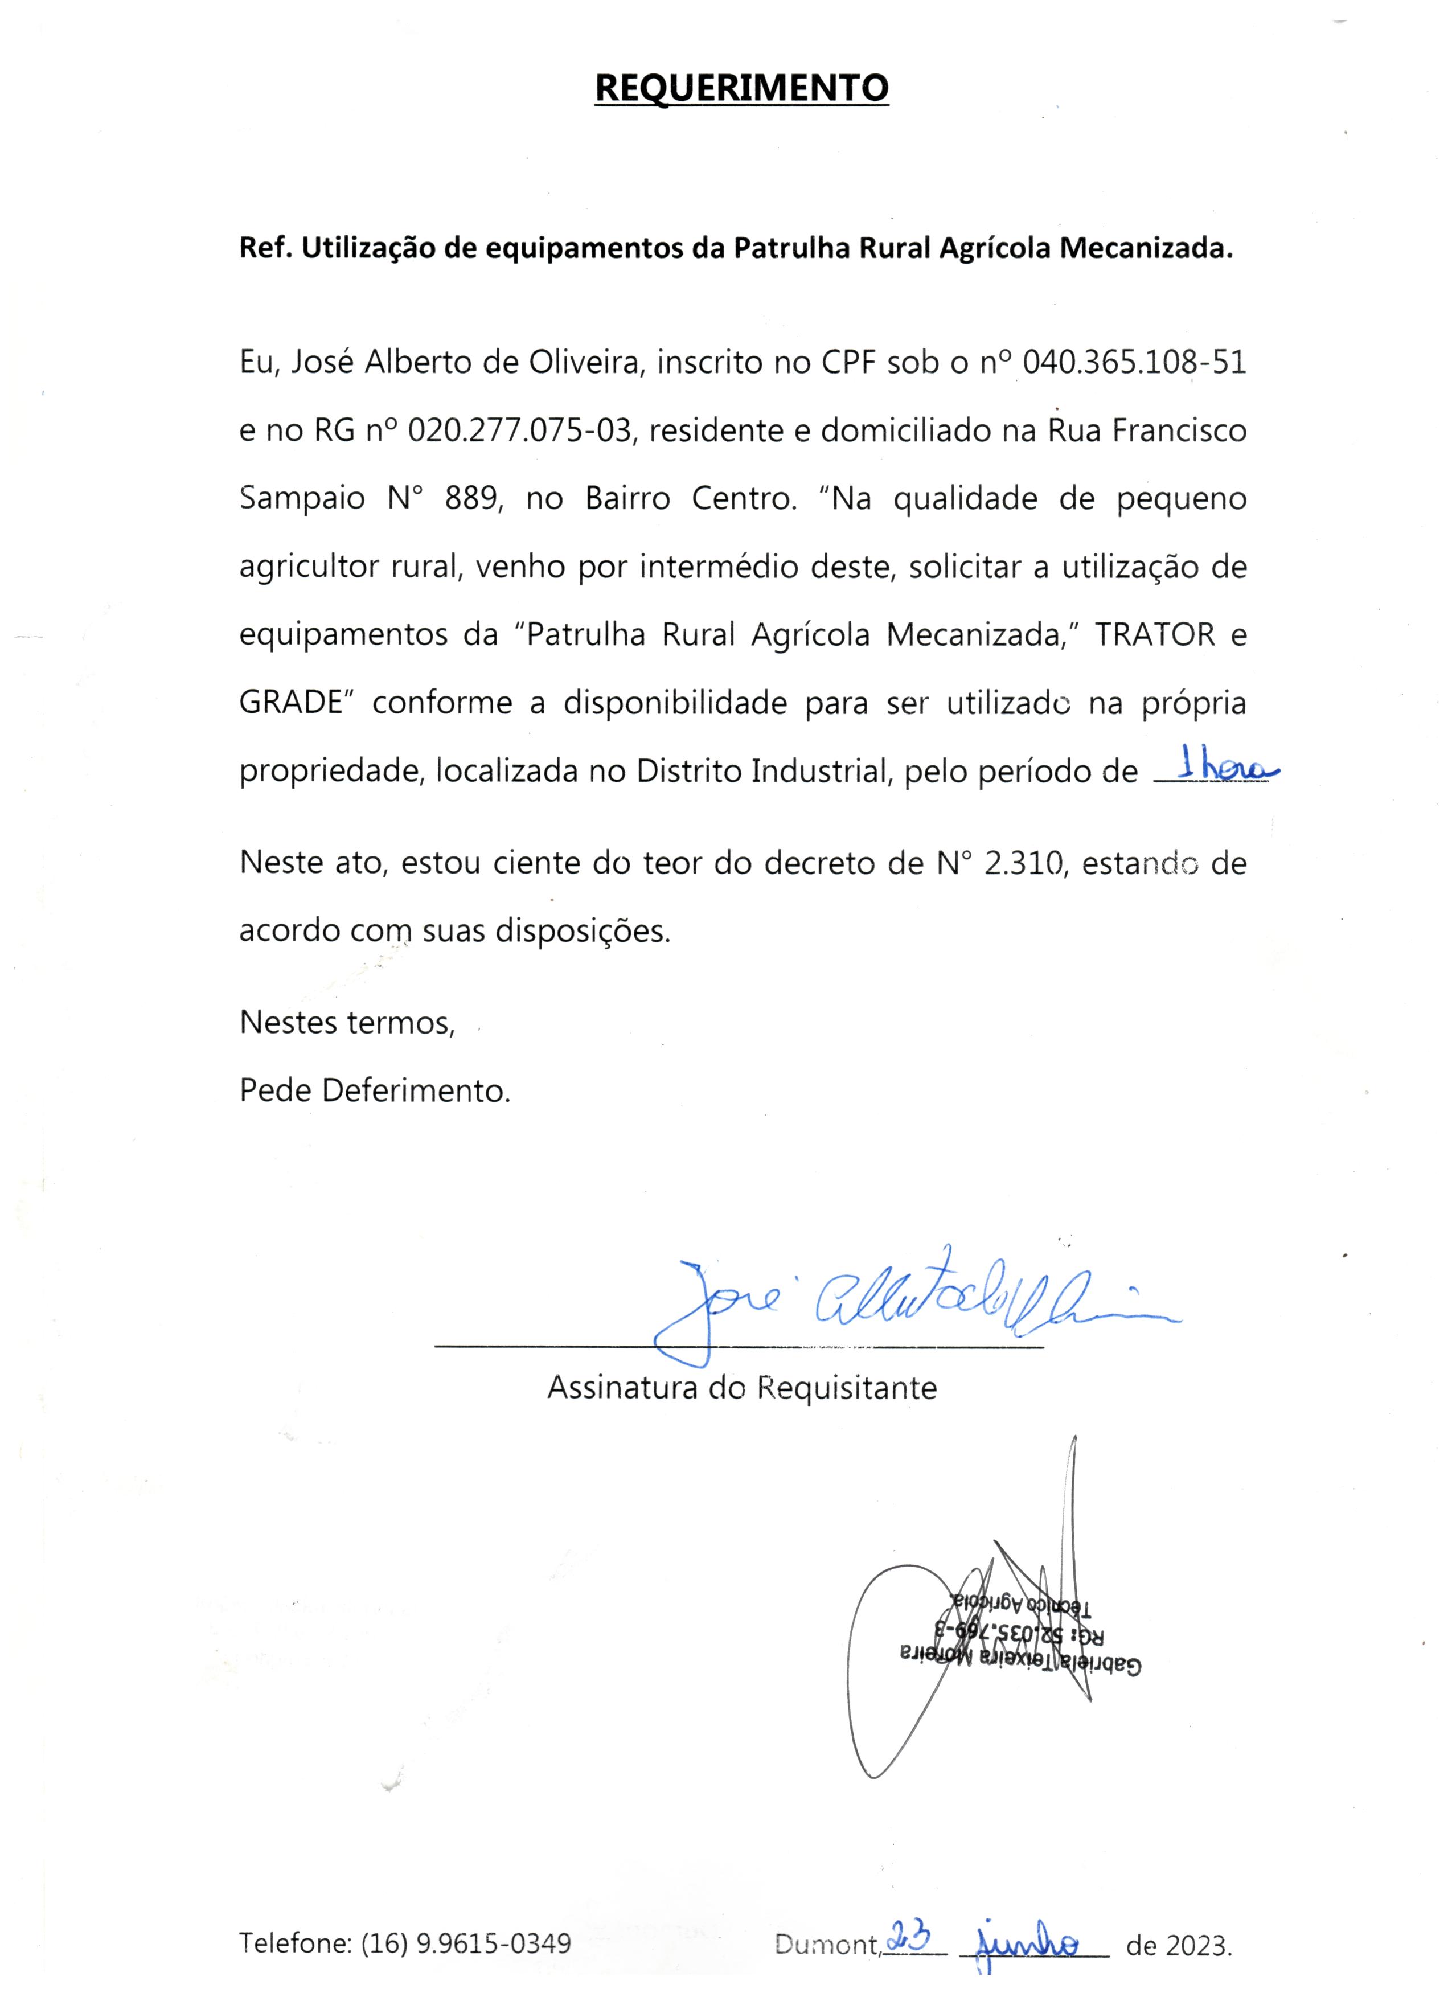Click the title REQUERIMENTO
741,89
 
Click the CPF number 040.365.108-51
1135,363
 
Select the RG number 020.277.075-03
520,430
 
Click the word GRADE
290,703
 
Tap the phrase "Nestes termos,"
347,1022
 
